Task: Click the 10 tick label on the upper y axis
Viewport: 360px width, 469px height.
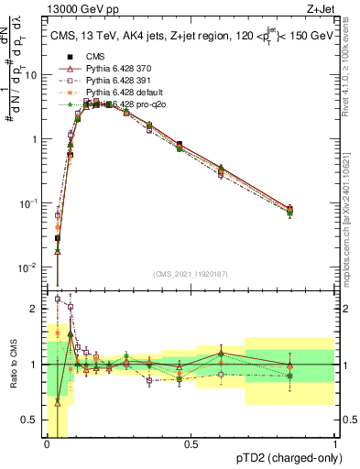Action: [31, 76]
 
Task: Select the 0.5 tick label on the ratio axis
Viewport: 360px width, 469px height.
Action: [31, 424]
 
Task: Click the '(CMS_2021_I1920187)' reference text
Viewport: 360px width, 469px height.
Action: [191, 273]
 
